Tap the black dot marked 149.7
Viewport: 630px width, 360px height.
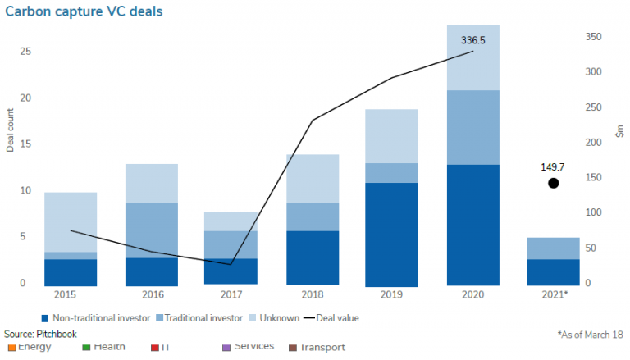point(554,183)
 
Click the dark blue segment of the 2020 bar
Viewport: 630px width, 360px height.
point(472,225)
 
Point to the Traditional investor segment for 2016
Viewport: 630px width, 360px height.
point(151,230)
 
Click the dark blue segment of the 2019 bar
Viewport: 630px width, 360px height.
point(392,234)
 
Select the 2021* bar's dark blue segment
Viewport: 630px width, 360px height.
point(554,272)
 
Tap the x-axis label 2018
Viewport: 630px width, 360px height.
point(313,294)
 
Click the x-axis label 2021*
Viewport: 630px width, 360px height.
point(554,294)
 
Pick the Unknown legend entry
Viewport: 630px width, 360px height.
point(275,317)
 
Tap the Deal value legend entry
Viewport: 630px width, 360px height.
point(331,317)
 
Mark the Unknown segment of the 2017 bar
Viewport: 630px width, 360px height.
point(231,221)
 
